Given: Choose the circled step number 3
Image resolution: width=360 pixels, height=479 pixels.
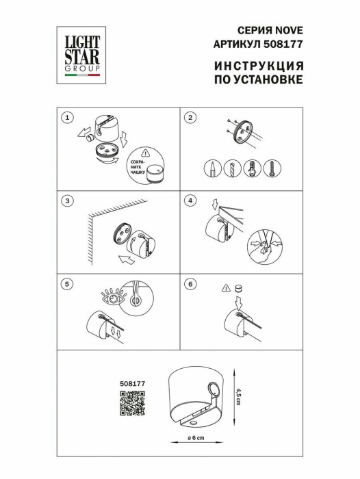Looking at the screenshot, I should [66, 200].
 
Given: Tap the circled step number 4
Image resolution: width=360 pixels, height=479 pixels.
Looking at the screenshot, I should [191, 200].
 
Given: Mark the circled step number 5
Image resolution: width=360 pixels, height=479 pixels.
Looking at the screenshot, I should [66, 282].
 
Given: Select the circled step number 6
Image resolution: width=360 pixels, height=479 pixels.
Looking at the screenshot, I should [191, 282].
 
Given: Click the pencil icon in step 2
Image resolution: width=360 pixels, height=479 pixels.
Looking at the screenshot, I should [214, 168].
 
